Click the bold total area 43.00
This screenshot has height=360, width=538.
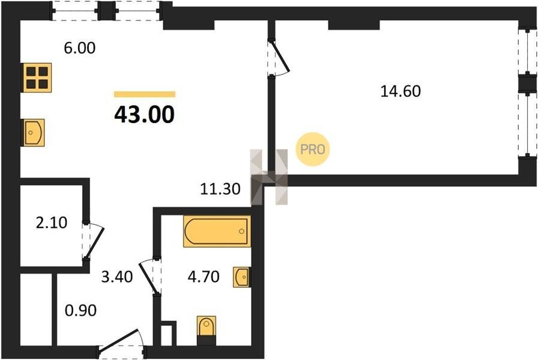145,114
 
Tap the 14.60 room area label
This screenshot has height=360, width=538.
400,91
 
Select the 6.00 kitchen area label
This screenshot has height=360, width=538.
80,48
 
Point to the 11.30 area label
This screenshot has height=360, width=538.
220,189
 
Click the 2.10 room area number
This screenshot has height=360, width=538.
52,223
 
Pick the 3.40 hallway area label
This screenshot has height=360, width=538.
117,277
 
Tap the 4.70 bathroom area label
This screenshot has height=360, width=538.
204,277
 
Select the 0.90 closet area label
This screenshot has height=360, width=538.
80,310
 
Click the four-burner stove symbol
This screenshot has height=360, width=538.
37,77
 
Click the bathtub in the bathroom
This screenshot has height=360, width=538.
217,231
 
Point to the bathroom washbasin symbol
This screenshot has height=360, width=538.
242,277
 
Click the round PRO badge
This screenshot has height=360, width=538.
313,149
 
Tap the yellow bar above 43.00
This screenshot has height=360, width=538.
145,94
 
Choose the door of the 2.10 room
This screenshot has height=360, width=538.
92,241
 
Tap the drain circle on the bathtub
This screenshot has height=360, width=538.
241,232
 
